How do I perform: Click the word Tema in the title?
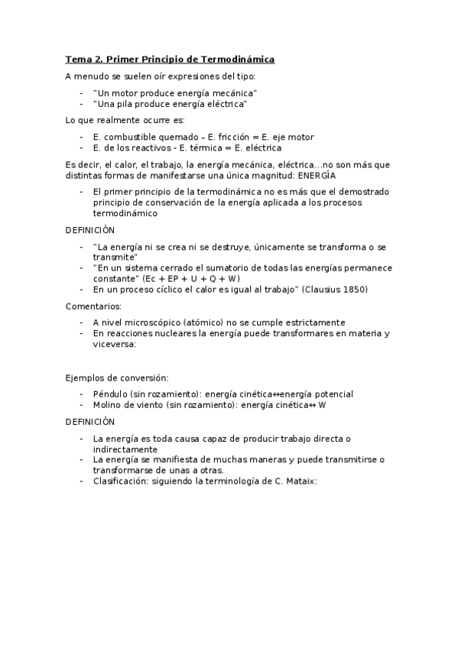coord(77,59)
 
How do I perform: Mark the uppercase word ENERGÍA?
coord(327,175)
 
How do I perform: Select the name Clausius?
coord(321,290)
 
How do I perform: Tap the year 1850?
coord(355,290)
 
